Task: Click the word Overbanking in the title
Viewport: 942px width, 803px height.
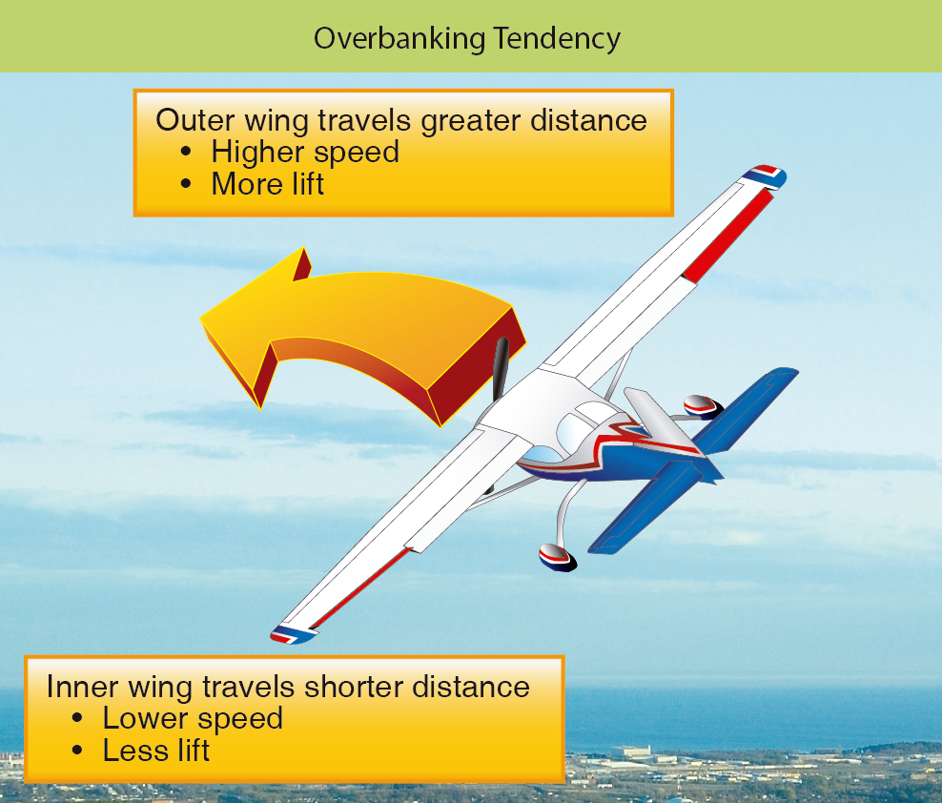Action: tap(399, 39)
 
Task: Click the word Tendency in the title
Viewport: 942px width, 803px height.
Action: tap(557, 39)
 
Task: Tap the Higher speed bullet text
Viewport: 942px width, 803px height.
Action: tap(304, 152)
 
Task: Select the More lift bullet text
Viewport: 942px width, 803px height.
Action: tap(267, 184)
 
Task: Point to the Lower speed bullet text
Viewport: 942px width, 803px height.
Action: tap(193, 719)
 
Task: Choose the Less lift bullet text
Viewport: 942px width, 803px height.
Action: tap(155, 751)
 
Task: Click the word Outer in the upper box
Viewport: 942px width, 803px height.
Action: tap(195, 120)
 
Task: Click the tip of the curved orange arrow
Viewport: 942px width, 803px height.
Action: tap(200, 318)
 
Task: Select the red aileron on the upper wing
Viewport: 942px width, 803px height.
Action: tap(728, 236)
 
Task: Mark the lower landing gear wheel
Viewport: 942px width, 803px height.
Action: tap(557, 558)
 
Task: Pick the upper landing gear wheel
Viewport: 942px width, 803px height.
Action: tap(702, 407)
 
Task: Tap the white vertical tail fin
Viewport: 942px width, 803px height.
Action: tap(660, 422)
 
